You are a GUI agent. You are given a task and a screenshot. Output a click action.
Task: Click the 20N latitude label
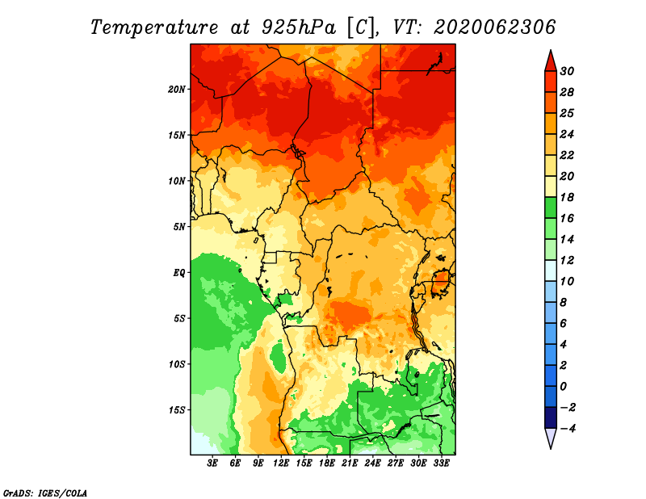(x=177, y=90)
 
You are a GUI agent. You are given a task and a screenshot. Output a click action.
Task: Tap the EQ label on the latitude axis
(x=179, y=273)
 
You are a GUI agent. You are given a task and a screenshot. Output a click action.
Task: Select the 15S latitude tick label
(x=177, y=410)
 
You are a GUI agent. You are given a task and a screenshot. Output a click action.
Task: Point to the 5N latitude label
(x=179, y=227)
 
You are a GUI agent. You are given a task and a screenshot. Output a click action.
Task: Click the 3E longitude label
(x=212, y=463)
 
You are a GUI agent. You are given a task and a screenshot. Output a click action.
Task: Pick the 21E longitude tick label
(x=350, y=463)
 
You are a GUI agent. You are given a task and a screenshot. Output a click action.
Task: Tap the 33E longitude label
(x=441, y=463)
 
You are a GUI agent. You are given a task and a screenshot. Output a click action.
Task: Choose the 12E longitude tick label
(x=281, y=463)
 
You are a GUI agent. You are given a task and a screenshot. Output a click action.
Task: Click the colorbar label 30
(x=567, y=71)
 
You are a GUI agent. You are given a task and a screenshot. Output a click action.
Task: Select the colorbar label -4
(x=568, y=429)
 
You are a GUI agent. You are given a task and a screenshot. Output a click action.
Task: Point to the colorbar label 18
(x=567, y=197)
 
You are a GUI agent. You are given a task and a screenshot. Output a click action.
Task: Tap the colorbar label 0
(x=564, y=387)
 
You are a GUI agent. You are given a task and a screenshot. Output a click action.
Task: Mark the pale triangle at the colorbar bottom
(x=551, y=437)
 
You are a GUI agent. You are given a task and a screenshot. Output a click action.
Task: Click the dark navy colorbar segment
(x=551, y=417)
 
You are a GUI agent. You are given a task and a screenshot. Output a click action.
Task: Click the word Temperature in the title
(x=154, y=27)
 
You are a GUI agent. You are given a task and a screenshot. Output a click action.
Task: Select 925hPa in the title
(x=299, y=27)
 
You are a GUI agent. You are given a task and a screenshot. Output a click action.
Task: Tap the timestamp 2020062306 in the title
(x=495, y=27)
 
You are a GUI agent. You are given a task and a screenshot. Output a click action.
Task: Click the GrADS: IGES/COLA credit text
(x=45, y=493)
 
